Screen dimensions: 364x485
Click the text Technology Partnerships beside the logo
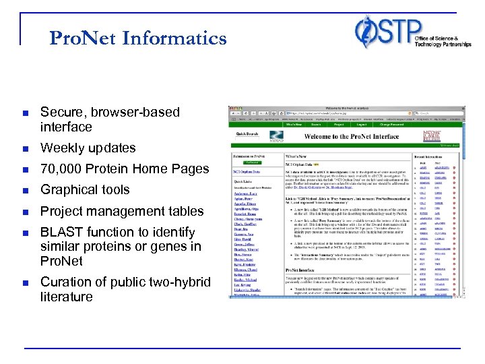click(437, 44)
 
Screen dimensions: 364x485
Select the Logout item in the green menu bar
click(362, 124)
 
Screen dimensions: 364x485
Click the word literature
click(66, 297)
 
